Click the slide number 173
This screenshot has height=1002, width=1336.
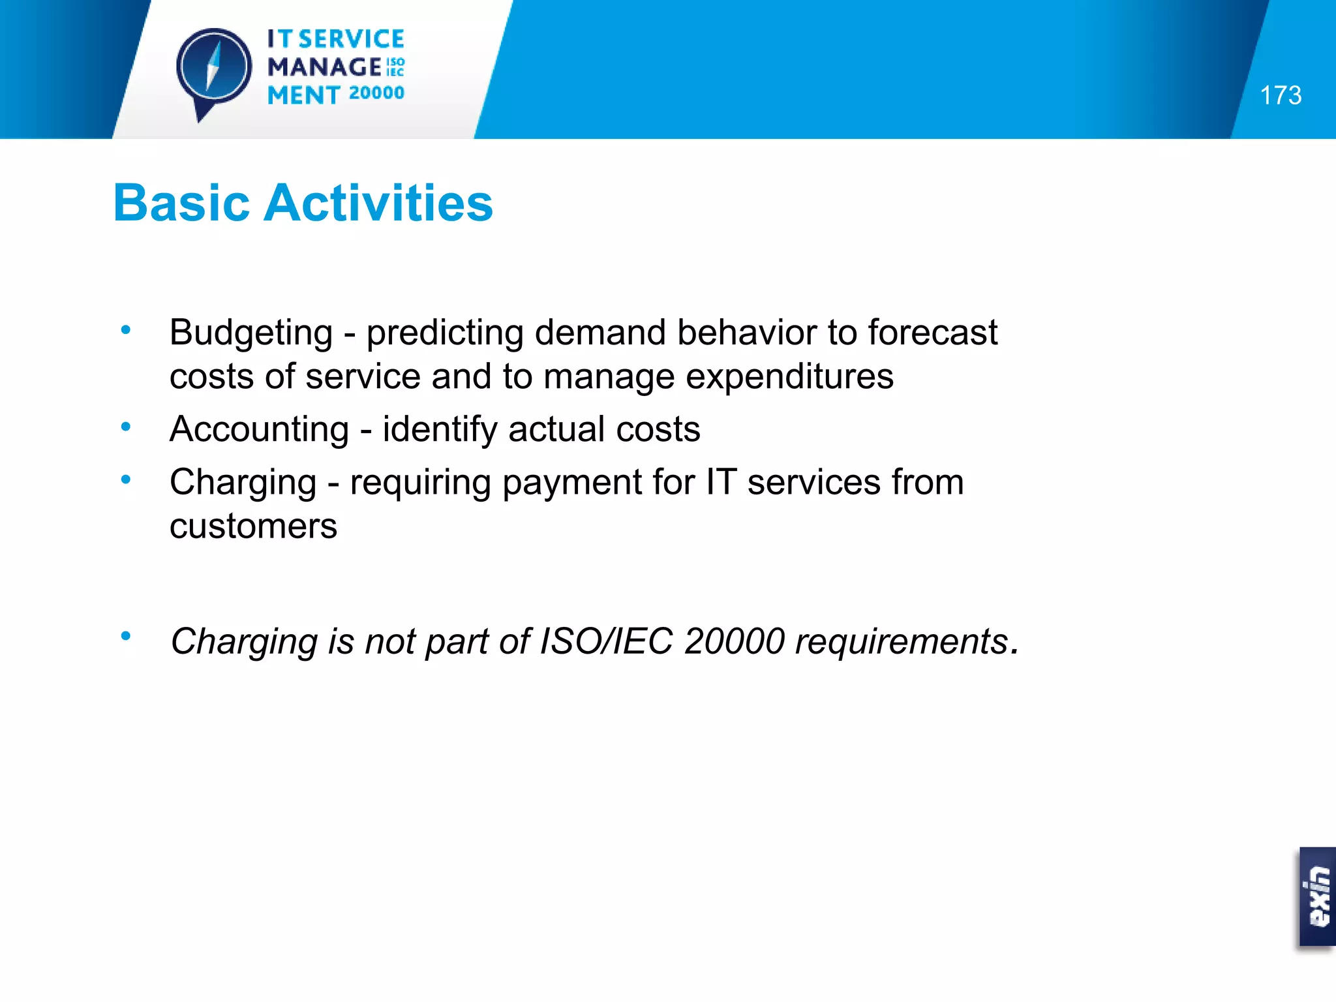(1281, 95)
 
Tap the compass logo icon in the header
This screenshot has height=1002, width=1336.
(213, 68)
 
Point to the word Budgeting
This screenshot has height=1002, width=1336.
(251, 333)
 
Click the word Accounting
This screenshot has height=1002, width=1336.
(260, 430)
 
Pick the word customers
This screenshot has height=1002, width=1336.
(253, 526)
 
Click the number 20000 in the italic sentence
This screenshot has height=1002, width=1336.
(735, 641)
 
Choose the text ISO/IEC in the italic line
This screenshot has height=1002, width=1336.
(607, 641)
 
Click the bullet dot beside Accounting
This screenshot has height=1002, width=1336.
(126, 427)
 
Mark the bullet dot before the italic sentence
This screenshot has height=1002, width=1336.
(126, 635)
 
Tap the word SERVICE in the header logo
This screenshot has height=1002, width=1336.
(352, 39)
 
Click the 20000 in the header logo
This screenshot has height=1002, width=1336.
(376, 93)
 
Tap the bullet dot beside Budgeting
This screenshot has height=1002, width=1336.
(126, 330)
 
